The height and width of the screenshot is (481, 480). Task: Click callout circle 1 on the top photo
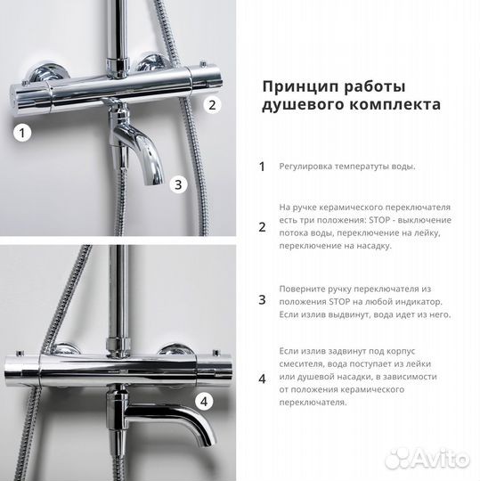click(x=24, y=133)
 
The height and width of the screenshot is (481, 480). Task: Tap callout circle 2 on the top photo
click(x=212, y=104)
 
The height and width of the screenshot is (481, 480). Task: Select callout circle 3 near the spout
click(x=179, y=184)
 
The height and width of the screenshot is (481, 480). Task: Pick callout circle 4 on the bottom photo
click(x=203, y=401)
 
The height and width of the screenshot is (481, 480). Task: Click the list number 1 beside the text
click(x=262, y=167)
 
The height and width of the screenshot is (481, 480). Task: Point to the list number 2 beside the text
click(x=262, y=226)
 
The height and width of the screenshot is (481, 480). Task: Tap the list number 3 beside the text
click(x=262, y=300)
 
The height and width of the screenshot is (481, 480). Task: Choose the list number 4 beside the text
click(x=262, y=379)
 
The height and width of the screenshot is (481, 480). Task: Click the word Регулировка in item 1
click(x=307, y=167)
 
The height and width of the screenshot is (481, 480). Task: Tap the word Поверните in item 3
click(x=303, y=288)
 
